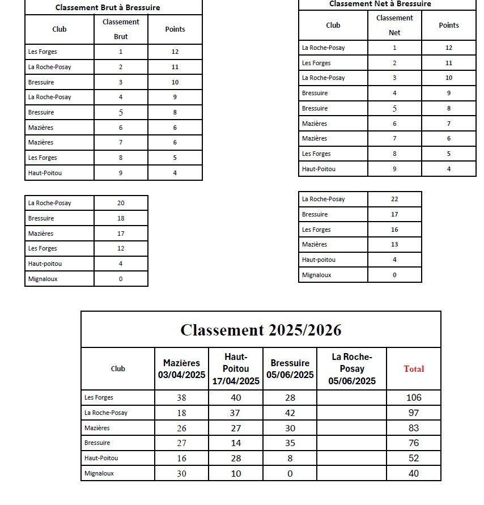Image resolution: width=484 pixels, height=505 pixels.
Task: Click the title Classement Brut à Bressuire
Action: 108,7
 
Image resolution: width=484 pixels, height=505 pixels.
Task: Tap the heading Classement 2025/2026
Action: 261,330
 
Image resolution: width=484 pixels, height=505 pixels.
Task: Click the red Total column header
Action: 414,368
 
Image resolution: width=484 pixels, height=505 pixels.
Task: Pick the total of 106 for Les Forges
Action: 414,397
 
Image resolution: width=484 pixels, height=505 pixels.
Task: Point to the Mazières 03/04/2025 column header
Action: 181,368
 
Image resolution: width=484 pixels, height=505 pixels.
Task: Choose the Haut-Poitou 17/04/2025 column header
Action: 236,368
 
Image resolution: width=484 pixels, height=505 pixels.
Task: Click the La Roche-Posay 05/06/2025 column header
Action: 351,368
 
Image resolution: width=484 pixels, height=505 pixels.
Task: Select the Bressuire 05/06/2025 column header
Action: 290,368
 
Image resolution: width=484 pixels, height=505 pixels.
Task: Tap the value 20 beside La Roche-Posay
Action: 121,203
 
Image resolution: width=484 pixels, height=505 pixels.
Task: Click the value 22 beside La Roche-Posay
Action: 394,199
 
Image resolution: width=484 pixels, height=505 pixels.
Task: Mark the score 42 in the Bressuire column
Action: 290,413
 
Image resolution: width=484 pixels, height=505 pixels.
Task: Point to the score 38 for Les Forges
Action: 181,397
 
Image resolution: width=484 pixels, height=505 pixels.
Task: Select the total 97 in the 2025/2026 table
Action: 414,413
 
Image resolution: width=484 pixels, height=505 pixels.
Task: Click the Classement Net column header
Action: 394,25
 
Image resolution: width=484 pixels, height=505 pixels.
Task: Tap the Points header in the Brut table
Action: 175,29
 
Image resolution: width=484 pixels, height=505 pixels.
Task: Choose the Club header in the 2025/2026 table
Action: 118,368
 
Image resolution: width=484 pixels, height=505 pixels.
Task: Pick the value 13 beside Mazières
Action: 394,244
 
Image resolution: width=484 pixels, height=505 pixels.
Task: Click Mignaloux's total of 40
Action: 414,473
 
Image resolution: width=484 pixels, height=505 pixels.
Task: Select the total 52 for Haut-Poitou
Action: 414,458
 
